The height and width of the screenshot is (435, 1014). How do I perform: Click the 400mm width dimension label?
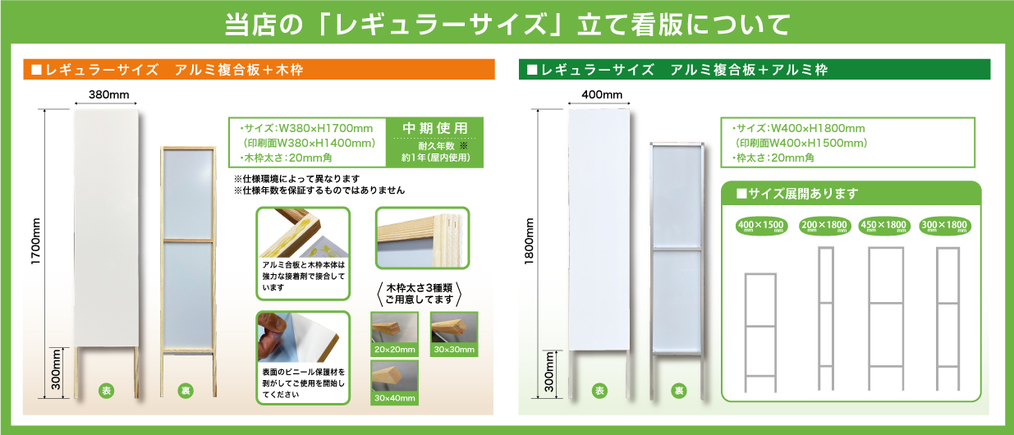click(x=602, y=95)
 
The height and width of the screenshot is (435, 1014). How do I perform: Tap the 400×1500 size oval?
click(x=761, y=226)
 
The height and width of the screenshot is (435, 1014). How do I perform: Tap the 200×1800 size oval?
click(x=824, y=226)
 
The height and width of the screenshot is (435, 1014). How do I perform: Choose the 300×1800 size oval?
click(x=943, y=226)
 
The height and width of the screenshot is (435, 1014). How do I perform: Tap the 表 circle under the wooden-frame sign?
click(x=106, y=391)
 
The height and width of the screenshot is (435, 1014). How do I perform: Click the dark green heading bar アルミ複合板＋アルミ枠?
click(x=755, y=70)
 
